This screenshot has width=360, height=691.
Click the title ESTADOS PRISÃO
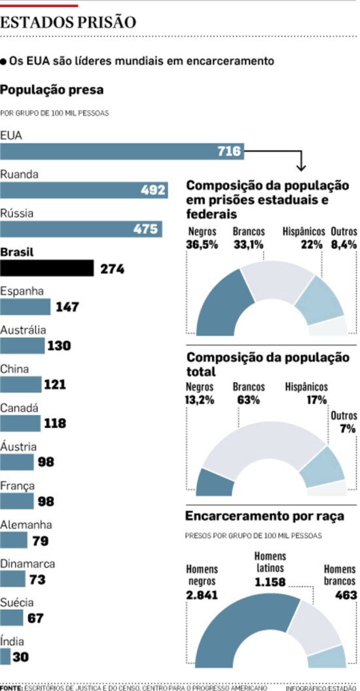click(68, 22)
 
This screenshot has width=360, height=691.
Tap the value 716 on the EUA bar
click(229, 152)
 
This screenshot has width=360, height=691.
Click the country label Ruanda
click(19, 175)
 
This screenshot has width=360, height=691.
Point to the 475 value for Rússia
click(145, 229)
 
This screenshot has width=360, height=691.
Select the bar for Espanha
click(25, 307)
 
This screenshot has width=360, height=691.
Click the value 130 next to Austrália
click(59, 345)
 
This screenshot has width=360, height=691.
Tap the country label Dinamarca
click(27, 563)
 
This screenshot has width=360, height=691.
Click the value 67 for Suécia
click(35, 618)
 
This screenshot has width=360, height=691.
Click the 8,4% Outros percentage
click(344, 245)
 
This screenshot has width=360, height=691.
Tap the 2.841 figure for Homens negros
click(202, 595)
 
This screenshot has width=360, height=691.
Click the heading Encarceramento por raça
click(264, 516)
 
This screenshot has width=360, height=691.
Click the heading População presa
click(52, 89)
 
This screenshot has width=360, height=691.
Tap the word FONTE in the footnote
click(11, 688)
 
